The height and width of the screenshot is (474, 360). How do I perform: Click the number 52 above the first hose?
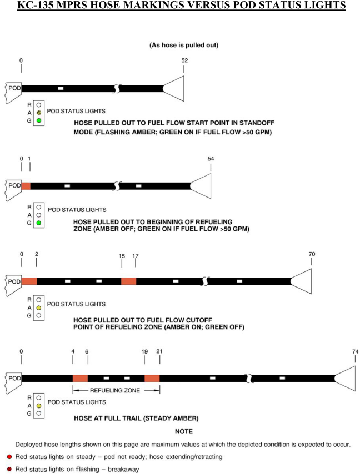point(184,60)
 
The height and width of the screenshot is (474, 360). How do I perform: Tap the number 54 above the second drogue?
point(211,159)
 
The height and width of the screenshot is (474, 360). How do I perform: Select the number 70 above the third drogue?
point(312,254)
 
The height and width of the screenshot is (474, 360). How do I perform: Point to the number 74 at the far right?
point(356,351)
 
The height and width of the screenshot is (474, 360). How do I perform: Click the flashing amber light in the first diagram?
point(39,113)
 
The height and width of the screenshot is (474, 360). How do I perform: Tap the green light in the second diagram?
point(39,223)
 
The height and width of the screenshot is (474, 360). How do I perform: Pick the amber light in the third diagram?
point(39,308)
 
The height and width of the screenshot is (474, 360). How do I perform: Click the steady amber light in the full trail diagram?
point(39,406)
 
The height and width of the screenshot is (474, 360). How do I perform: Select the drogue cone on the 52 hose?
point(174,89)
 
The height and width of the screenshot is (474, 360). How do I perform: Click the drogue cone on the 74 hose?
point(346,379)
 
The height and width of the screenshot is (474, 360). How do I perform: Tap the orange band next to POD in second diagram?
point(26,186)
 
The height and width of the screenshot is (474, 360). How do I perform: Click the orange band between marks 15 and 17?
point(128,281)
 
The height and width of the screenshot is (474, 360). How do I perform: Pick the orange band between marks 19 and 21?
point(152,379)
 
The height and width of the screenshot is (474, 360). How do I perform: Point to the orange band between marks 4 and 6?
point(80,379)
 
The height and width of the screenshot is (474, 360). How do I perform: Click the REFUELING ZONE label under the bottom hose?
point(115,391)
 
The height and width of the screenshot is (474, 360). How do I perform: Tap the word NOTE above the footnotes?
point(184,432)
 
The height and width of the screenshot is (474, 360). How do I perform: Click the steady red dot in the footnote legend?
point(9,457)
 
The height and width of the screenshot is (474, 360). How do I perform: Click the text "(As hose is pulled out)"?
point(184,45)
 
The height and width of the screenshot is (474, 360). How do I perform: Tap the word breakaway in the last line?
point(123,470)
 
